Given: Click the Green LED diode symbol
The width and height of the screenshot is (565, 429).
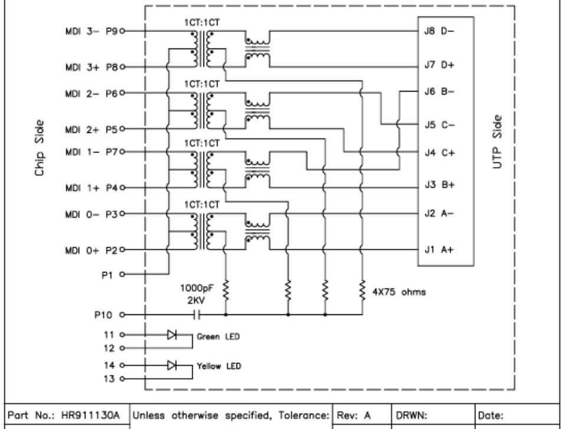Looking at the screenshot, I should pos(172,335).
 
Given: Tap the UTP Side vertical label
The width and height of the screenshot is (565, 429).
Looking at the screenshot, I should pos(500,142).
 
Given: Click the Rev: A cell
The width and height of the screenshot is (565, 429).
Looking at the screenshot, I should pos(353,415).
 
